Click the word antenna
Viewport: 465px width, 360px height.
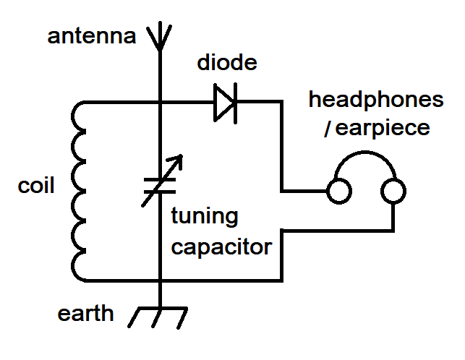pos(91,36)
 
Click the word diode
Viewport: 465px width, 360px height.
pos(227,63)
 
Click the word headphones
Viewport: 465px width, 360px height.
pos(376,100)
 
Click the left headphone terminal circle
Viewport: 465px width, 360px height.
pos(338,192)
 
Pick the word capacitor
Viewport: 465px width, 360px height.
pos(221,247)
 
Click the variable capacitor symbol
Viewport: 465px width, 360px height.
pos(158,185)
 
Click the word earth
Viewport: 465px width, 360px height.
pos(86,314)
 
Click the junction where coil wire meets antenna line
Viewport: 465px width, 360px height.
pos(158,103)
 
